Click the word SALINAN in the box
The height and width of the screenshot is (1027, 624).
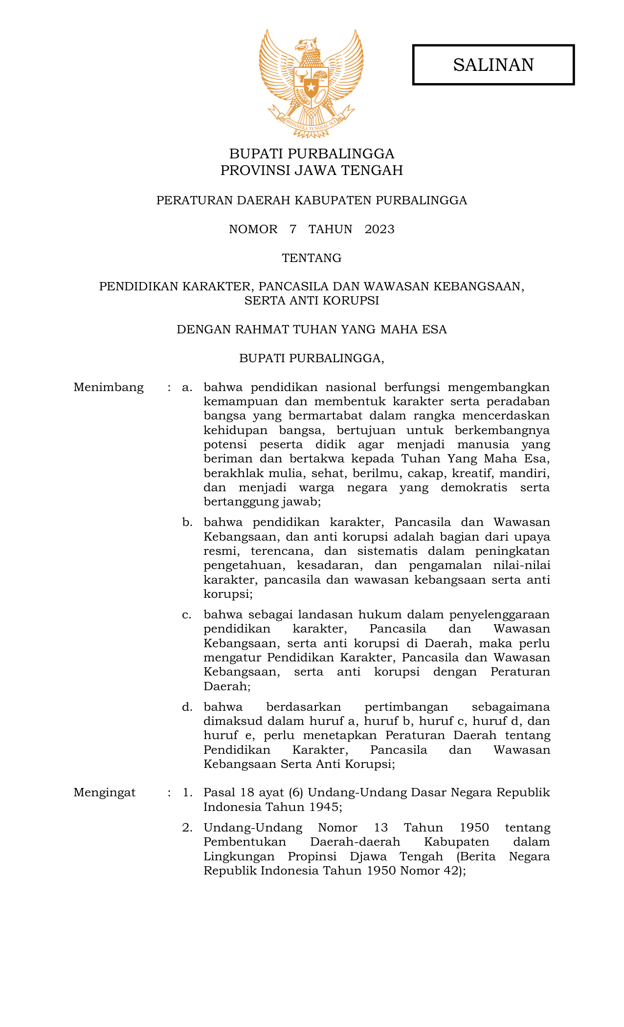(x=493, y=65)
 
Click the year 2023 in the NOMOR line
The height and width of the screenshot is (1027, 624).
(x=379, y=229)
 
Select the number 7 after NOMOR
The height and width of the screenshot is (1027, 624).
(x=293, y=229)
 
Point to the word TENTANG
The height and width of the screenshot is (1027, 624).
(x=312, y=258)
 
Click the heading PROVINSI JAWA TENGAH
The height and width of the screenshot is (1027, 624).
(x=312, y=171)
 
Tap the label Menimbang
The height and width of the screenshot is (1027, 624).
(x=109, y=388)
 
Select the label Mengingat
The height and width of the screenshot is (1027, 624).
(x=105, y=792)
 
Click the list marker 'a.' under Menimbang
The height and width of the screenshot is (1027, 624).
(x=187, y=388)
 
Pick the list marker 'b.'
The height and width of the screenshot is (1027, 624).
(x=187, y=523)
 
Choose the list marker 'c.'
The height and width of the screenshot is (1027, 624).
(x=187, y=614)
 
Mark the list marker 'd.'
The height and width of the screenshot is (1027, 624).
(x=187, y=707)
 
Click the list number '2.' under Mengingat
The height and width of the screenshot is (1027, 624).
(x=187, y=828)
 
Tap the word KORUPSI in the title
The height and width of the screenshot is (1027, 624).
(x=356, y=301)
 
